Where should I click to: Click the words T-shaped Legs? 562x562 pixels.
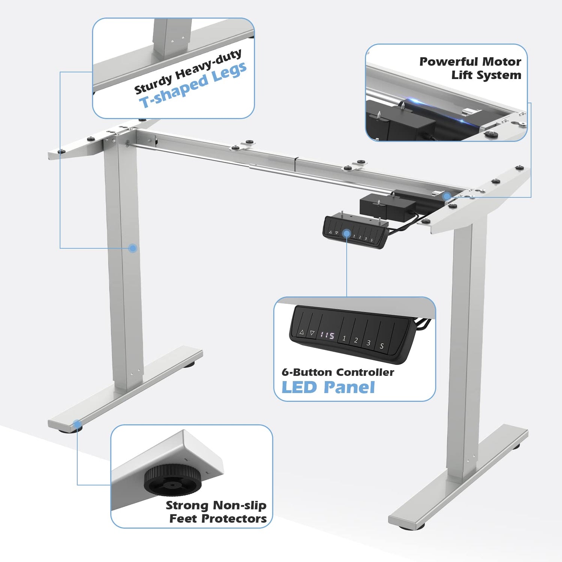click(x=193, y=85)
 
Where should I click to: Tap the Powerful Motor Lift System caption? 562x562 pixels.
click(x=470, y=68)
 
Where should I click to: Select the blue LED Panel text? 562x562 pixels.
click(x=328, y=387)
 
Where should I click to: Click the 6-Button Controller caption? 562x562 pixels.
click(x=338, y=372)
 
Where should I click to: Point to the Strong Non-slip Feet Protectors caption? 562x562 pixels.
click(x=216, y=512)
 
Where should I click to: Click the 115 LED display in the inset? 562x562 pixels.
click(x=327, y=335)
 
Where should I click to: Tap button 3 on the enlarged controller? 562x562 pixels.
click(x=369, y=343)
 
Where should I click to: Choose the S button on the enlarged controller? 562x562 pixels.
click(x=382, y=346)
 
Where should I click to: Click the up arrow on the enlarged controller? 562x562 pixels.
click(x=302, y=332)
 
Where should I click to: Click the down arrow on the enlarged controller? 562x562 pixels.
click(x=312, y=333)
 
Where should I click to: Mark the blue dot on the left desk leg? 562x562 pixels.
click(x=133, y=248)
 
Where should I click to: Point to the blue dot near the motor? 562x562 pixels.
click(x=447, y=196)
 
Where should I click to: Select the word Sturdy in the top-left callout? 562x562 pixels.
click(x=153, y=84)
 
